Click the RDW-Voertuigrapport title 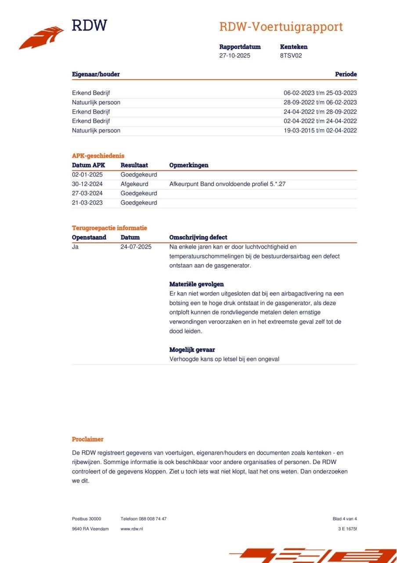(281, 27)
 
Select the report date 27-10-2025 (235, 56)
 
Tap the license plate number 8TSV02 (291, 56)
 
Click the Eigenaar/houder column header (96, 74)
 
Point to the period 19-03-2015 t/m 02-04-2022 (320, 130)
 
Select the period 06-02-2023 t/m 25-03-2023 (320, 93)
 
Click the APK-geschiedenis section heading (98, 156)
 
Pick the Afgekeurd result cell (134, 184)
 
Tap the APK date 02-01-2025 (87, 175)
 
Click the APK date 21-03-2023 (87, 203)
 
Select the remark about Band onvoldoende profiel (227, 184)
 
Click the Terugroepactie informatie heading (109, 228)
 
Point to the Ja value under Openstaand (75, 247)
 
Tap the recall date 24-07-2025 (136, 247)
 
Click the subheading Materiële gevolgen (196, 284)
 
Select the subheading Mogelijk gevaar (192, 350)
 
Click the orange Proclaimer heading (87, 439)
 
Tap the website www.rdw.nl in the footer (131, 529)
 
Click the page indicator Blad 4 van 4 (344, 519)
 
